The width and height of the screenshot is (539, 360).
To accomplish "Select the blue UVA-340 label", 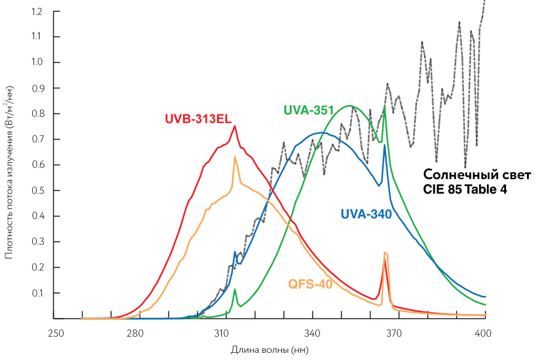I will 366,214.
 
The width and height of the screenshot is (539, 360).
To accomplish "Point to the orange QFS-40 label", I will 311,284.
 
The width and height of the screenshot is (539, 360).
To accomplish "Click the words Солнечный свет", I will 477,176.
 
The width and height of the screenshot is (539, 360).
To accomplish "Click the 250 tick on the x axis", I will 55,332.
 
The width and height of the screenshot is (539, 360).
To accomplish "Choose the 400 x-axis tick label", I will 484,332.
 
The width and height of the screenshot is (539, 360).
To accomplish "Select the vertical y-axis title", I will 10,172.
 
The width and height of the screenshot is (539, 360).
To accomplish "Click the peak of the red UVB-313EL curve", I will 235,126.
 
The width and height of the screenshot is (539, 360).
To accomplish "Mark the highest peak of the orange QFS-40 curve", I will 235,157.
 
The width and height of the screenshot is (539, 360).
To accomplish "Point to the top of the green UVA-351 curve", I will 351,106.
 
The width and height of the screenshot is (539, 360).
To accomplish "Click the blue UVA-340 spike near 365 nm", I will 384,146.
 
